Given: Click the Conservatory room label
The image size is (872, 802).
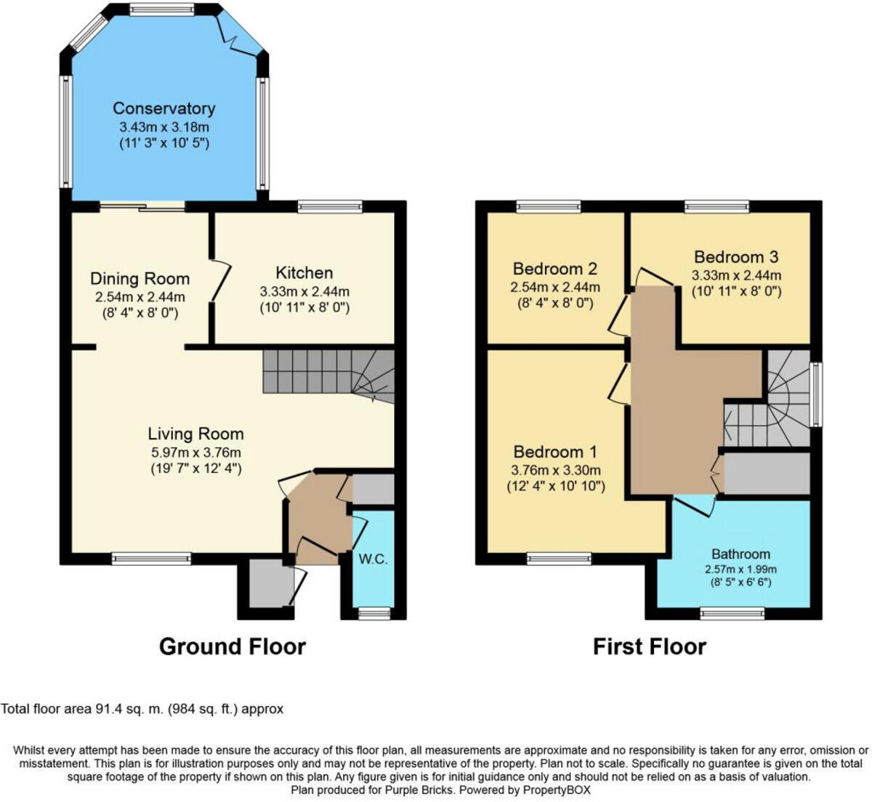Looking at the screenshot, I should point(163,109).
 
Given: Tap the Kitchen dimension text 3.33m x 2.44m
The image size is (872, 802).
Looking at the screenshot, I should point(304,291).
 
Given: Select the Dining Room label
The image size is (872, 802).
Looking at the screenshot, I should point(140,279).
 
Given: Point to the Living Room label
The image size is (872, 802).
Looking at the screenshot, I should point(195,434).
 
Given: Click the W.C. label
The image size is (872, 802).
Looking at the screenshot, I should point(373,559).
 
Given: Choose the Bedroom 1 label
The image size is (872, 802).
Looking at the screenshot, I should point(558,452).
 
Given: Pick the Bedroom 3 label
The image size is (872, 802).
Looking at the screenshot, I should point(735,257).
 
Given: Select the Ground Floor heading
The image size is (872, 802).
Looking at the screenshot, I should point(233,646).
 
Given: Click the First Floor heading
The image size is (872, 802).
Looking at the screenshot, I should point(649,646).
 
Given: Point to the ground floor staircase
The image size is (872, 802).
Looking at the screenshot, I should point(327,374).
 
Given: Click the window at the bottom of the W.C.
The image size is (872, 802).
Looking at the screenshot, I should point(374,614).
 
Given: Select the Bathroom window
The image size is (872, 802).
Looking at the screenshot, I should point(732,614).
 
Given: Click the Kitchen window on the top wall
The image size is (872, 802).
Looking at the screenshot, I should point(330,207).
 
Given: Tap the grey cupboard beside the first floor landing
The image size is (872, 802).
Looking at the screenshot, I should point(767,474).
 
